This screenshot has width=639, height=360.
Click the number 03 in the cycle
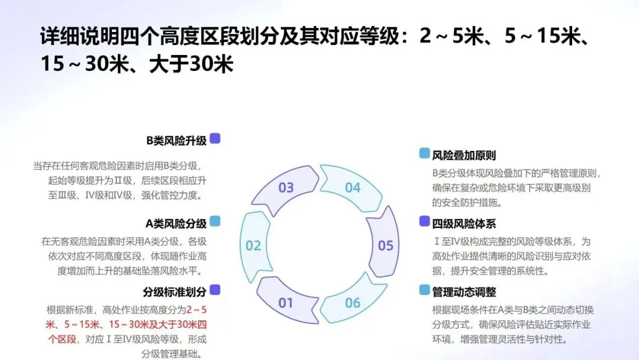pos(286,188)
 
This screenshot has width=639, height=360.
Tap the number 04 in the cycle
pos(353,188)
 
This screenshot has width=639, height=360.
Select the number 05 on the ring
pos(385,245)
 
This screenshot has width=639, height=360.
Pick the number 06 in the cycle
pos(353,303)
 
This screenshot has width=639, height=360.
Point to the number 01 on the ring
pos(286,303)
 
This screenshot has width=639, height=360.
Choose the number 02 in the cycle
pos(253,245)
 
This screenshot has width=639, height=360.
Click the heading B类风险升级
pos(176,140)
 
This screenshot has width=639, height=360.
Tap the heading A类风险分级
pos(176,223)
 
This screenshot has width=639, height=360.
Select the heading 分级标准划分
pos(175,291)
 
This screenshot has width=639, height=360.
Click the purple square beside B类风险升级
pos(215,139)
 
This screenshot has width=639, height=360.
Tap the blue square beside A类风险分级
pos(215,221)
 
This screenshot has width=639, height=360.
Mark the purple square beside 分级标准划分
pos(215,290)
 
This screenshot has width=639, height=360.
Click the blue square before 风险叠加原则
pos(424,153)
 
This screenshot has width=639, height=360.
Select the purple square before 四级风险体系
pos(424,221)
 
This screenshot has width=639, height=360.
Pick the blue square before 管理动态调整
pos(424,290)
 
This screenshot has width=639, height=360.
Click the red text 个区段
pos(62,339)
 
